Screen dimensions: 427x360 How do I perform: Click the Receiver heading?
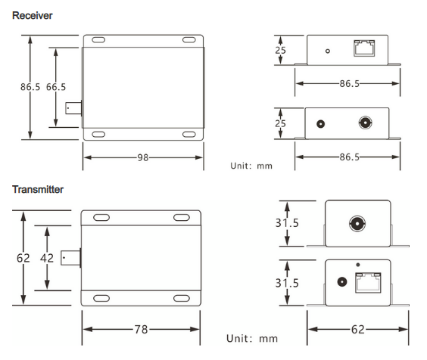33,16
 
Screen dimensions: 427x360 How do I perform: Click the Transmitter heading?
38,189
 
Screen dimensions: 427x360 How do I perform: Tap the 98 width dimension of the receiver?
142,157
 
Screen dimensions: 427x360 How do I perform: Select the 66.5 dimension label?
56,87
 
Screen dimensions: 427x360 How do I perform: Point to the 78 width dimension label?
141,330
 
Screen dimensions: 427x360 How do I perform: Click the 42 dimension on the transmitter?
47,258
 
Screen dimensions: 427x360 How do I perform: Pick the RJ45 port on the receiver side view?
364,48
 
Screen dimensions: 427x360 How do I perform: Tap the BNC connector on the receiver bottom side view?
365,123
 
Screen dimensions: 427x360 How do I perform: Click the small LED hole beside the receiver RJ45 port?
328,51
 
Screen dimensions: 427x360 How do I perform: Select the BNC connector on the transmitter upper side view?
357,224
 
